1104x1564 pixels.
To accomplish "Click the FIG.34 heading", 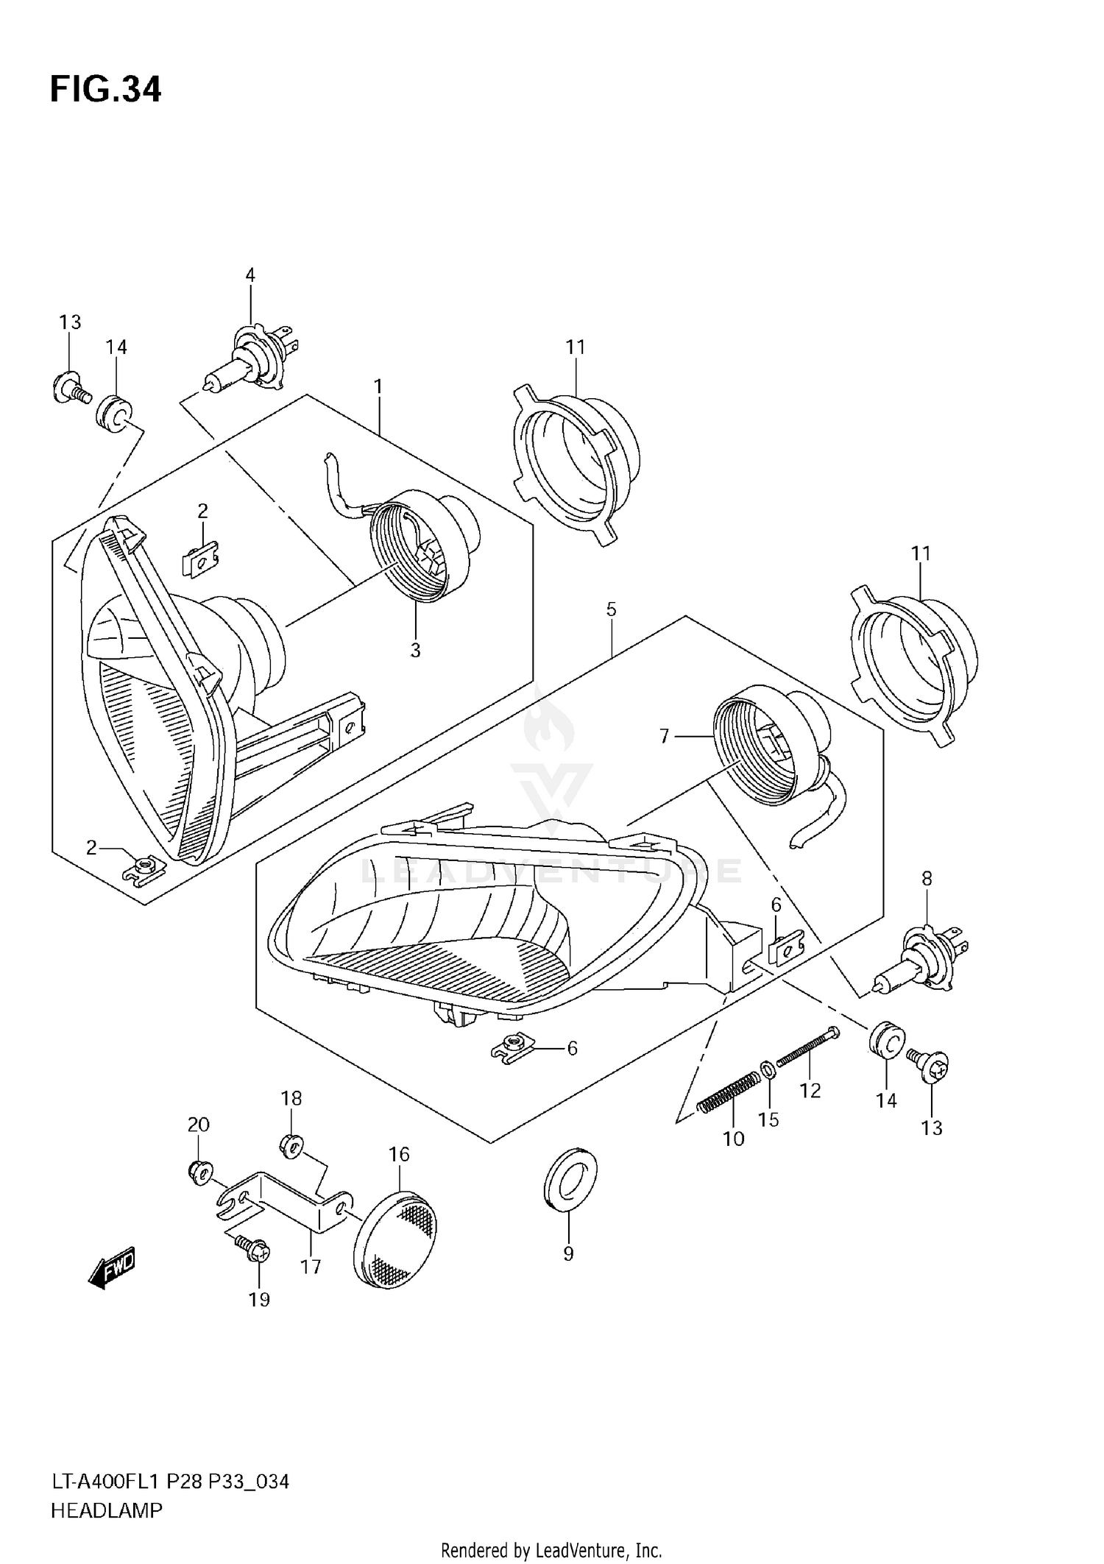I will point(105,90).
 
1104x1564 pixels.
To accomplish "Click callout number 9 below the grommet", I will point(568,1253).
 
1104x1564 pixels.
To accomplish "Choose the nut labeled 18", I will point(291,1145).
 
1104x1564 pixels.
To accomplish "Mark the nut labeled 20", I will point(198,1170).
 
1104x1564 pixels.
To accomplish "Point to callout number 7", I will point(664,735).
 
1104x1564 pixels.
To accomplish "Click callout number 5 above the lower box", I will point(611,609).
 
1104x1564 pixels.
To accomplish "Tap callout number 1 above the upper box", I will point(378,386).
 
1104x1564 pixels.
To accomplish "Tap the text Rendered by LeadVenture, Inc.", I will point(551,1551).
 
